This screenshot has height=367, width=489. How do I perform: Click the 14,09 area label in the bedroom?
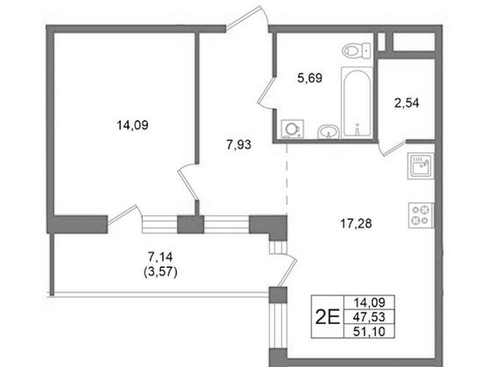coord(132,125)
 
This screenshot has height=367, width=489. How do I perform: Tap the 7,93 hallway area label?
coord(239,145)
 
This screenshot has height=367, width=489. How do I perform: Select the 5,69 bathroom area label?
coord(310,78)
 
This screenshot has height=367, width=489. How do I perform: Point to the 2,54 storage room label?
coord(407,103)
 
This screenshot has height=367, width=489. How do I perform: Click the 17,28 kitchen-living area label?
coord(356,224)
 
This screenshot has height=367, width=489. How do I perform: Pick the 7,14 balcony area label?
coord(160,257)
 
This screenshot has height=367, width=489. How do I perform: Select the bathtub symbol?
coord(357,103)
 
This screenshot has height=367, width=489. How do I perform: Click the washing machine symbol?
coord(292,129)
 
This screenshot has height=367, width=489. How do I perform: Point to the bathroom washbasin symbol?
coord(328,132)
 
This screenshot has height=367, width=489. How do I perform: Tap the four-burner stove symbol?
coord(421,215)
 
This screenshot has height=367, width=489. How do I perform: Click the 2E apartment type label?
coord(327,317)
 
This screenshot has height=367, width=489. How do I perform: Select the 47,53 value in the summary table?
coord(369,317)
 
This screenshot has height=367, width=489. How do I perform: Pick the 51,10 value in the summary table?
coord(369,332)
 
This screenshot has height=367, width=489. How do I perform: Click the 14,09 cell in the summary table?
coord(369,302)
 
